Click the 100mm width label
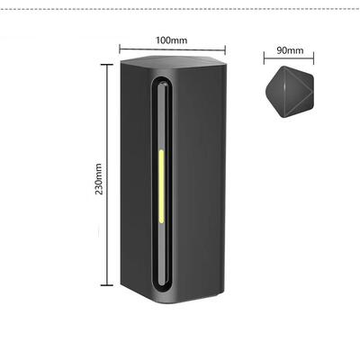click(171, 40)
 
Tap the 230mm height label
click(99, 179)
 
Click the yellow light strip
click(161, 186)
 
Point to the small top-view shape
click(290, 92)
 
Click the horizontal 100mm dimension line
click(172, 49)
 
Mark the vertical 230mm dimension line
click(107, 175)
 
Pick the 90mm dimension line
click(289, 58)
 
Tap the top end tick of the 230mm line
click(107, 65)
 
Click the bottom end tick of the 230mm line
click(107, 285)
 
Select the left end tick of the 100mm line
click(120, 49)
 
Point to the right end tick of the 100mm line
click(225, 49)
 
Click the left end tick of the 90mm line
click(264, 58)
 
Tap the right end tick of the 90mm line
click(313, 58)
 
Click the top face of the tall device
click(174, 62)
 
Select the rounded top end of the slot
click(163, 82)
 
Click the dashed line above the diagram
click(180, 9)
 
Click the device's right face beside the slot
click(200, 186)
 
